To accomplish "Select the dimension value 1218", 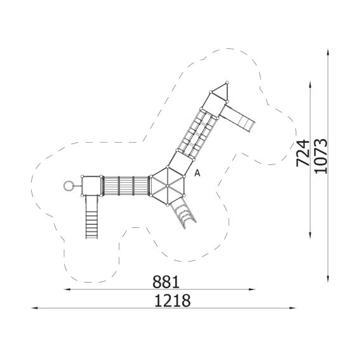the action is [x=173, y=300].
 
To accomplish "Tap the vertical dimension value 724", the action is [x=303, y=153].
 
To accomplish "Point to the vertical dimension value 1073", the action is [x=321, y=156].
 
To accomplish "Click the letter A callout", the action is [x=197, y=173].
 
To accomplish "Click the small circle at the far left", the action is [x=68, y=186].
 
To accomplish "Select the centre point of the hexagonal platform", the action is [x=168, y=185].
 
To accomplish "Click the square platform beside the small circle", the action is [x=91, y=186].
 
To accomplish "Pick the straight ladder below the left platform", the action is [x=92, y=217].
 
